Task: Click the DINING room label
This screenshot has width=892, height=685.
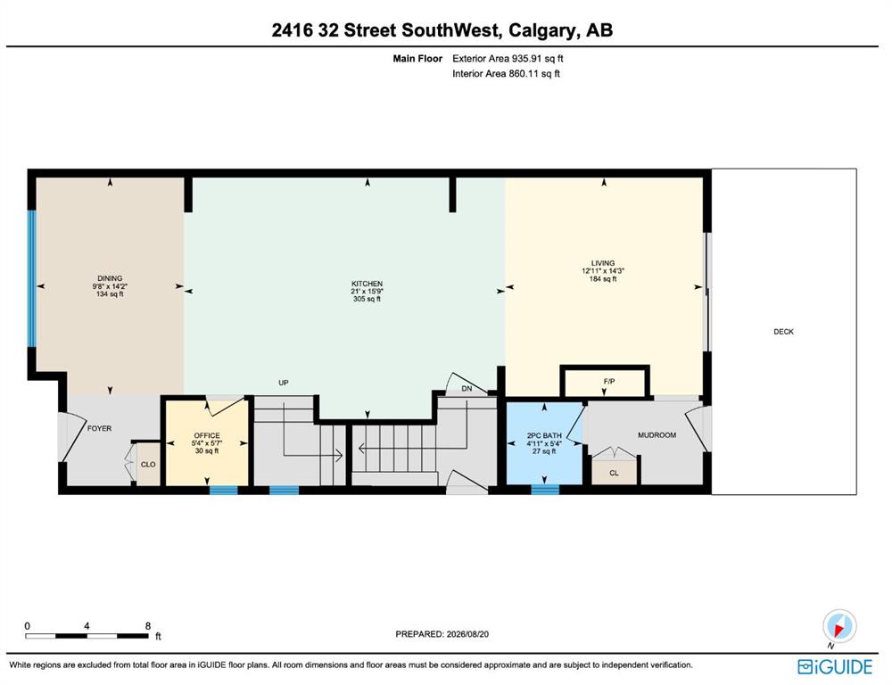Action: [x=110, y=279]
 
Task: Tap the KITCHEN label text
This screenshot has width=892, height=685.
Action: [x=367, y=284]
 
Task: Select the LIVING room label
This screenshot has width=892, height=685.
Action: [x=603, y=263]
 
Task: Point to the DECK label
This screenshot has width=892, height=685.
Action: [x=783, y=332]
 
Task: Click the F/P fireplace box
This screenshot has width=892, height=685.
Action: [x=605, y=382]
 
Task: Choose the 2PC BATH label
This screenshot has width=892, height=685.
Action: [x=544, y=436]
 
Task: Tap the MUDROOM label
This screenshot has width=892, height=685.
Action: [x=657, y=435]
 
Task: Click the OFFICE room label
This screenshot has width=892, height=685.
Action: [x=207, y=436]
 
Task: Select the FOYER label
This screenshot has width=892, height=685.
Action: [x=100, y=428]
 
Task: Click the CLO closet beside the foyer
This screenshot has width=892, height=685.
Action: [x=148, y=465]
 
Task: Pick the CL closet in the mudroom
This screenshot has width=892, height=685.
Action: [x=614, y=472]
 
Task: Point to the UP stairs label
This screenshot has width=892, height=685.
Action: [x=284, y=383]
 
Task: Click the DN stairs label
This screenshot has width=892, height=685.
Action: [x=467, y=389]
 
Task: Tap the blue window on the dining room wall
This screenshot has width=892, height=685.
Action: [x=32, y=279]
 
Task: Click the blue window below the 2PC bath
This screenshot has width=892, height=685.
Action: [x=545, y=490]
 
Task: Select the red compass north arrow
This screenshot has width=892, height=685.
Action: [x=838, y=628]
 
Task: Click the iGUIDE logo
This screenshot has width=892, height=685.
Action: [x=835, y=667]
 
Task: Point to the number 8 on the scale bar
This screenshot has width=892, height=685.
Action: [x=148, y=626]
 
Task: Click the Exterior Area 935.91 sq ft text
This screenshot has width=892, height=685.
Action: [x=508, y=59]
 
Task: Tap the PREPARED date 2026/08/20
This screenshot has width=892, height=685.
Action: [x=467, y=634]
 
